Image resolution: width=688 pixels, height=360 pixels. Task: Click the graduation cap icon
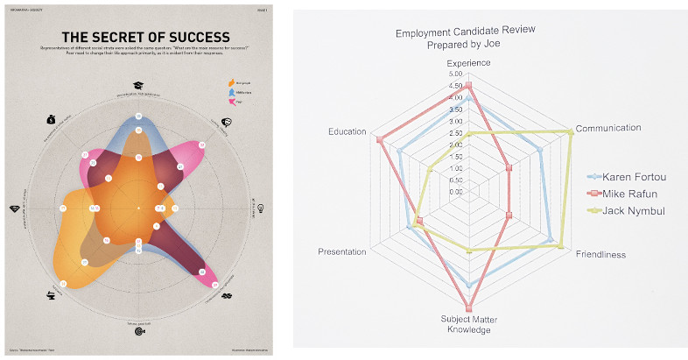(x=138, y=85)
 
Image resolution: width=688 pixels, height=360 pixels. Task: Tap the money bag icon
(x=51, y=119)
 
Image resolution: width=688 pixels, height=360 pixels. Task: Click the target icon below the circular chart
(x=138, y=330)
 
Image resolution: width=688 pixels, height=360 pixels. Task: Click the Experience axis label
(x=469, y=63)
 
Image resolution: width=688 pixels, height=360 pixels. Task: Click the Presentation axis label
(x=341, y=252)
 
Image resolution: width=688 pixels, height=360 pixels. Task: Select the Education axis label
(x=347, y=131)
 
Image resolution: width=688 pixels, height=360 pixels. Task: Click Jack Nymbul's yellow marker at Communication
(x=571, y=132)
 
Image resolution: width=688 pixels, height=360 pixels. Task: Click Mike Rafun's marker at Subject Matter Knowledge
(x=469, y=307)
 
